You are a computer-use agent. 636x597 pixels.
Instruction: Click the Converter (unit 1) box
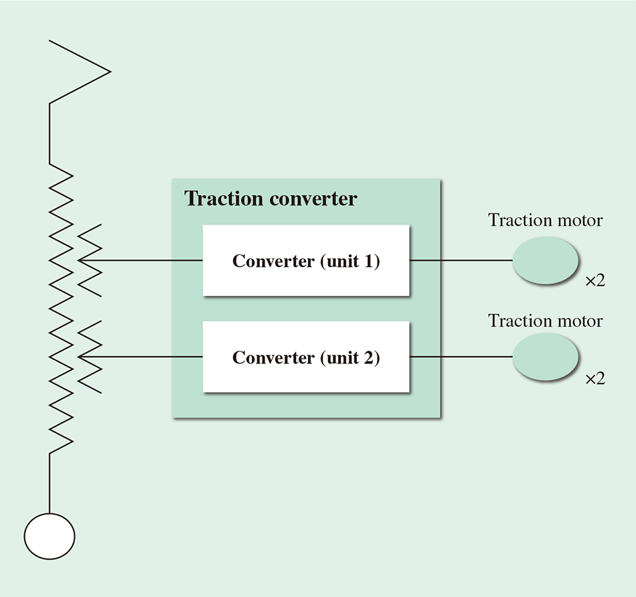coord(306,260)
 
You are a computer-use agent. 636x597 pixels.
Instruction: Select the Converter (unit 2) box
coord(306,357)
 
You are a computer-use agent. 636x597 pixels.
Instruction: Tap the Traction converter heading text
coord(270,199)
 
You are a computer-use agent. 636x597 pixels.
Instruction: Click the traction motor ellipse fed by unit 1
coord(545,261)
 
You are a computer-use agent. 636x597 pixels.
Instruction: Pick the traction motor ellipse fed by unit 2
coord(545,357)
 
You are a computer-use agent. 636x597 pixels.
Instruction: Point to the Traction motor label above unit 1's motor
coord(545,220)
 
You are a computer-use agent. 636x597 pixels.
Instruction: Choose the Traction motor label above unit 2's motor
coord(545,321)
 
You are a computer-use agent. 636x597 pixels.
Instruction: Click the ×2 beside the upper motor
coord(595,281)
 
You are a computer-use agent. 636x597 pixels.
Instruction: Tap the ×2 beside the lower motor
coord(595,379)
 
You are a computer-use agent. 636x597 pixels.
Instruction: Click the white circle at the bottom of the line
coord(50,536)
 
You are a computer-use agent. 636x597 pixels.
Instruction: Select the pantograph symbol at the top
coord(79,71)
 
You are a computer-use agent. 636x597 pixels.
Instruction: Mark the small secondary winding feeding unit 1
coord(90,260)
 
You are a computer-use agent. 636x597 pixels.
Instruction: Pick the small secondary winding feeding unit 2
coord(90,357)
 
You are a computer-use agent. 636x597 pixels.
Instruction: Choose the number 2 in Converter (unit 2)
coord(370,357)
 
